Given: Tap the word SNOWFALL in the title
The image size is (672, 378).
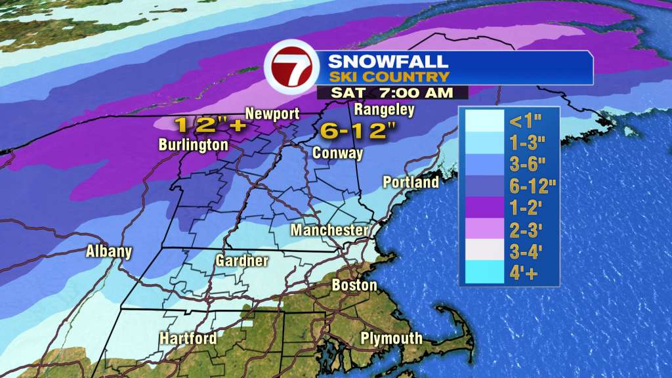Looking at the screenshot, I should (x=388, y=62).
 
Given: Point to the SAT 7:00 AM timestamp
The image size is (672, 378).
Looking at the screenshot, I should (x=392, y=93).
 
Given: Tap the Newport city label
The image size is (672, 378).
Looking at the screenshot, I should (x=272, y=114).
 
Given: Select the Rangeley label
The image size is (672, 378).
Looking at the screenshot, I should (x=384, y=109).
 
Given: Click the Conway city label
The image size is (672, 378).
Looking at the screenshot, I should (x=338, y=153).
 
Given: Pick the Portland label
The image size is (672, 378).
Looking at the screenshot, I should (x=411, y=182).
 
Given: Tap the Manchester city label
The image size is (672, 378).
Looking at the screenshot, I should (x=329, y=230).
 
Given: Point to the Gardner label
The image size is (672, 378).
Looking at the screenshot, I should (x=242, y=261).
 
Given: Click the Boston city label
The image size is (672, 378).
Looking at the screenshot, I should (x=354, y=285).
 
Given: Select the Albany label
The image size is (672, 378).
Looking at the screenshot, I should (x=109, y=251).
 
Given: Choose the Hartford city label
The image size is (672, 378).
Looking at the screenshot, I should (x=188, y=339).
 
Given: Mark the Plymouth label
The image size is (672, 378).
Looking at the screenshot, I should (x=391, y=339).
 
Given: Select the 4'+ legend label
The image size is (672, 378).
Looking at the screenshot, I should (x=526, y=273).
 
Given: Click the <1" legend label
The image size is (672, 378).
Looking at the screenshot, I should (x=524, y=120).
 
